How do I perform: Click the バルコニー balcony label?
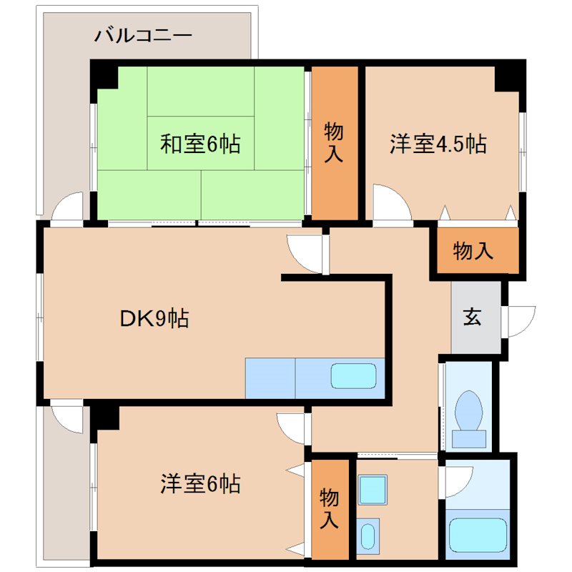[143, 34]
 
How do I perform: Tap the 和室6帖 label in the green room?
[200, 144]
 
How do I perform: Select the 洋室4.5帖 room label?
[438, 144]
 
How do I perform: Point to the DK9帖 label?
[154, 318]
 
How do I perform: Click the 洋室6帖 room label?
[200, 484]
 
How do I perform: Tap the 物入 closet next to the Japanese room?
[333, 142]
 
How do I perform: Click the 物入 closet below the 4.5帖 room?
[473, 251]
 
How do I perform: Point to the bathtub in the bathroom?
[477, 533]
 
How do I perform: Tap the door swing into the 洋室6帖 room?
[292, 428]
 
